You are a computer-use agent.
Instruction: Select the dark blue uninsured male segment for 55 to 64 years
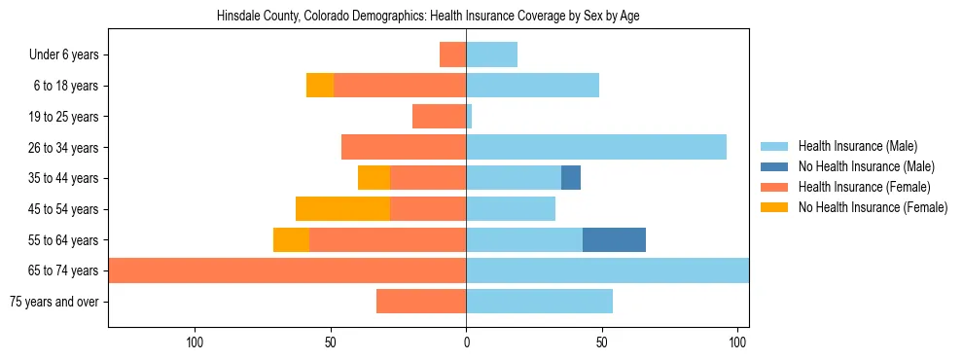(x=614, y=239)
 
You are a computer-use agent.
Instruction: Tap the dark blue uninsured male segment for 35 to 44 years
(x=571, y=178)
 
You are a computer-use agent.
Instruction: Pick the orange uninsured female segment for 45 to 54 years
(x=342, y=209)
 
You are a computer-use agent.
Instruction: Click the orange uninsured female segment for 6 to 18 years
(x=320, y=86)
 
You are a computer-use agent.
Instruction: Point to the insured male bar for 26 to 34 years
(x=596, y=147)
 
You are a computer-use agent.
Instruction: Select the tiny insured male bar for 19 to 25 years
(x=469, y=117)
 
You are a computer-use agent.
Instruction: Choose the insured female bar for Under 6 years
(x=452, y=54)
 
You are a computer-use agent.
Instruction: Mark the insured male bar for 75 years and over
(x=539, y=302)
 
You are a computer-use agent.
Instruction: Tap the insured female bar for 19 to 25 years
(x=439, y=117)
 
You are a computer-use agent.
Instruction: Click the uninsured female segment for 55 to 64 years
(x=291, y=239)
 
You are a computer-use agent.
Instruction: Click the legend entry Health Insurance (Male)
(x=857, y=146)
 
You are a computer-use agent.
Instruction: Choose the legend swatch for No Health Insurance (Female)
(x=774, y=207)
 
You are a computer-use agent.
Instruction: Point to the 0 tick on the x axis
(x=466, y=342)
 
